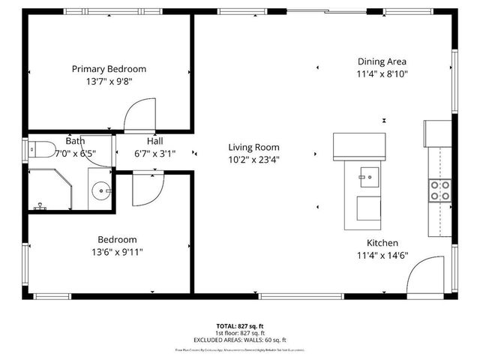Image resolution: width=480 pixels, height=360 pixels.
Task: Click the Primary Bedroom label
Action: [109, 69]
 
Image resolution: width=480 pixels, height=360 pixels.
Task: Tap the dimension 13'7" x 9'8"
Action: [109, 82]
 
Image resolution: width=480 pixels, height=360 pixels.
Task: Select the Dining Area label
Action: [382, 61]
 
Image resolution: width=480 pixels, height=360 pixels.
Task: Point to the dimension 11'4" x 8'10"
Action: [382, 74]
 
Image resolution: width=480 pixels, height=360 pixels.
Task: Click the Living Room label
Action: [253, 148]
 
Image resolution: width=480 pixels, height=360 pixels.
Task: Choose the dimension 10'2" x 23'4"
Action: [253, 159]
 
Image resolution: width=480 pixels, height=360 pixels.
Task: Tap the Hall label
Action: [154, 141]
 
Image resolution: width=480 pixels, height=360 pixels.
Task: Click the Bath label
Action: [75, 141]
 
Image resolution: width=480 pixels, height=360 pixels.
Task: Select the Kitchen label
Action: [382, 243]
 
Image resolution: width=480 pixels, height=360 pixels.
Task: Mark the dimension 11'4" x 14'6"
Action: [382, 256]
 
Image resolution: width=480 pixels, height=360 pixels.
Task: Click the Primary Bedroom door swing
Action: [139, 116]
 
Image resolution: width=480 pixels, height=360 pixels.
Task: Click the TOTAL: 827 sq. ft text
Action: [241, 326]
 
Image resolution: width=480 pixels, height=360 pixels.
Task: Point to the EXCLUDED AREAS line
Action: [241, 340]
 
